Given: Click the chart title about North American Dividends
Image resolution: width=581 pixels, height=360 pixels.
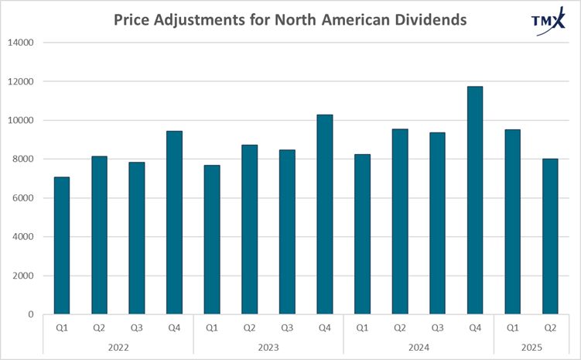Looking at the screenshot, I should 290,19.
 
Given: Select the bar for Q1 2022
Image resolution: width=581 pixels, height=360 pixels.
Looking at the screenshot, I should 61,245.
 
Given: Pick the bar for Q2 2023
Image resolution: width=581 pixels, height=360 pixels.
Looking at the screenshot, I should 249,229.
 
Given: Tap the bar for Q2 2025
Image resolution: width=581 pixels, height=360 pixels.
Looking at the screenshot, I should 550,236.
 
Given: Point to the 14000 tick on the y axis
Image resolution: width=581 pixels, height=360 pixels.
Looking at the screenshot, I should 22,43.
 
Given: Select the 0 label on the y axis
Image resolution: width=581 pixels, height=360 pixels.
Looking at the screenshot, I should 32,314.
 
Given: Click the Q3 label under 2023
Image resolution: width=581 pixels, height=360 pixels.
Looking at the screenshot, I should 286,327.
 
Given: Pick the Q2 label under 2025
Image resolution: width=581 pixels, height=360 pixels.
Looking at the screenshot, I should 550,327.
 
